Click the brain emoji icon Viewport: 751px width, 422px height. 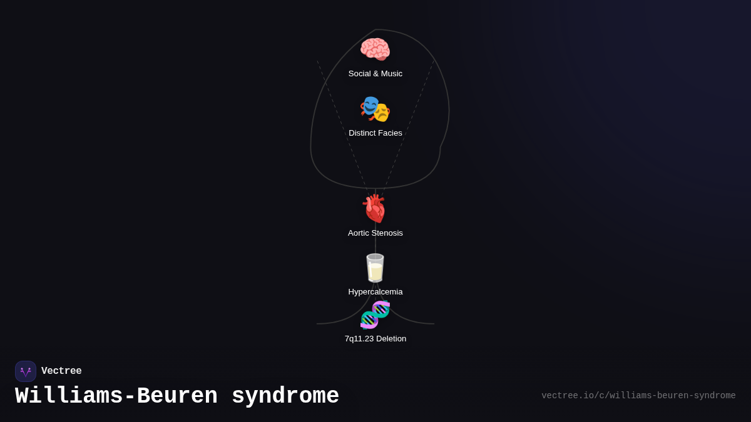pos(375,49)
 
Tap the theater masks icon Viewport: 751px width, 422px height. pos(375,109)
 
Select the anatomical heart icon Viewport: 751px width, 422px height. pos(375,208)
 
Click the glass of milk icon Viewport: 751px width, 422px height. pos(375,268)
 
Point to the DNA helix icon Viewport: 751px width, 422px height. pos(375,314)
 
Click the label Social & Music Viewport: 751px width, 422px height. pos(375,74)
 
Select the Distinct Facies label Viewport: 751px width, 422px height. pos(375,133)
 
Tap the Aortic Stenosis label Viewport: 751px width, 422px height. pos(375,233)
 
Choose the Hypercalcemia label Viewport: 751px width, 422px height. pos(375,292)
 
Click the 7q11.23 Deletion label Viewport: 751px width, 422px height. pos(375,339)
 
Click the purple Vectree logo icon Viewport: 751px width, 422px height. pos(26,371)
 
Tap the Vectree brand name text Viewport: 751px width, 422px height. pos(61,371)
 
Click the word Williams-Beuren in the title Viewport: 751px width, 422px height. pos(116,396)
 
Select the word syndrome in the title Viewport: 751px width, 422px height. pos(285,396)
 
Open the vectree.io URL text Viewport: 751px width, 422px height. pos(638,396)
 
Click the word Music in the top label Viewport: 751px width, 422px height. pos(390,74)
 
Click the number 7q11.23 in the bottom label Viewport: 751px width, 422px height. pos(359,339)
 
